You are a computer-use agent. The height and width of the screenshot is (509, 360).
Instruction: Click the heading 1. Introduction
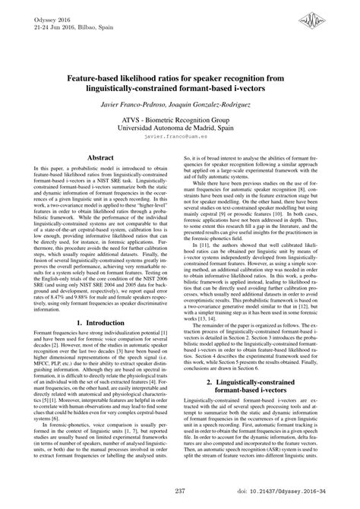(101, 323)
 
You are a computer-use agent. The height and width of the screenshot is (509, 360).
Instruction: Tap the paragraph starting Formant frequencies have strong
(101, 376)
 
